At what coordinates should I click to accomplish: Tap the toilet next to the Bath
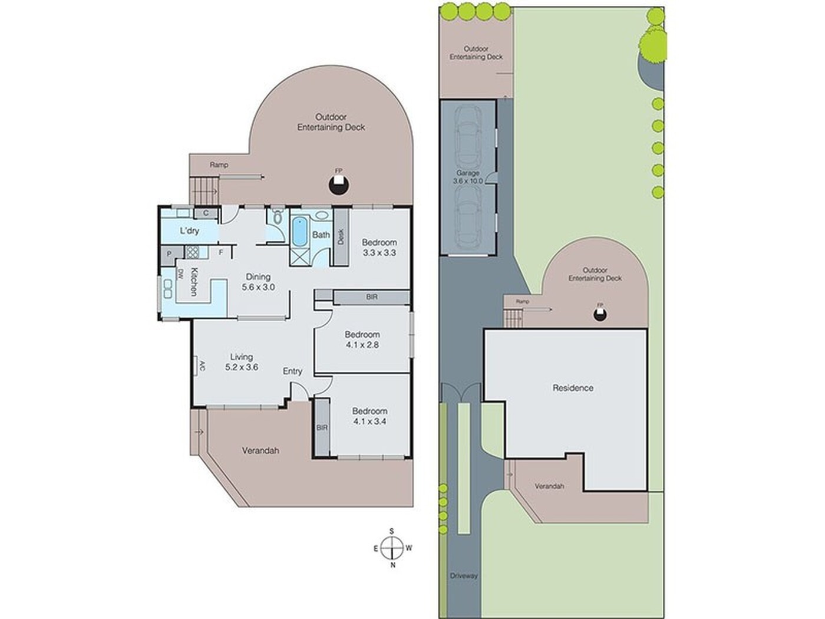coord(276,215)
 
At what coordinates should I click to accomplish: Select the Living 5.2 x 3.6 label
coord(240,361)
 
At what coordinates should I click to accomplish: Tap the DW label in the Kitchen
coord(180,274)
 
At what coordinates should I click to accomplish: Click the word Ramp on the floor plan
coord(218,164)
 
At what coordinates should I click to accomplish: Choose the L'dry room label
coord(189,230)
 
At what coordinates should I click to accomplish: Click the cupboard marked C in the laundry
coord(205,213)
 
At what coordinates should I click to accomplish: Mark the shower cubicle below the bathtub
coord(299,256)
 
